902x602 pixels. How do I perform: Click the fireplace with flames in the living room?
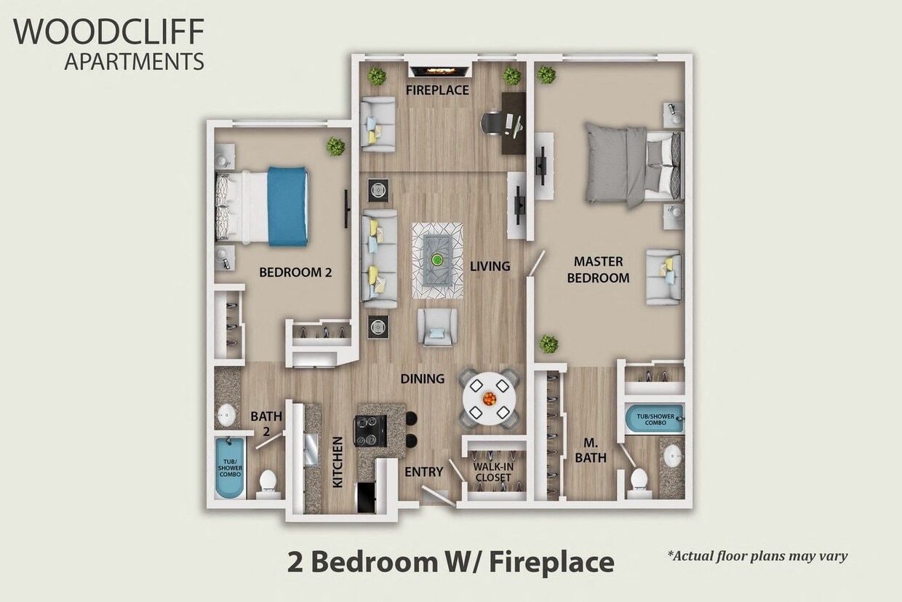point(438,71)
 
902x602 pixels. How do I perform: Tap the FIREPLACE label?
point(438,91)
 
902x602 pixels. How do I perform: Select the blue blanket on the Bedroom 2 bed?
point(287,206)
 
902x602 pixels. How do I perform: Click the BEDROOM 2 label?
point(295,273)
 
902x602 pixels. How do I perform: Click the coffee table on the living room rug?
point(437,260)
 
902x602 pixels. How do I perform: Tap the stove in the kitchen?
point(370,430)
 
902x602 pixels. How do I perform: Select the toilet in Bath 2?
point(268,483)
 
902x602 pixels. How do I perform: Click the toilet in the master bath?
point(639,481)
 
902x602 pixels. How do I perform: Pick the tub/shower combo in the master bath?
point(654,419)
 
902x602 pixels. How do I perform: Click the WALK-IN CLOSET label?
point(492,472)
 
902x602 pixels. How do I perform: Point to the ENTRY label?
point(423,472)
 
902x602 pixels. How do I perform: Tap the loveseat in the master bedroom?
point(663,277)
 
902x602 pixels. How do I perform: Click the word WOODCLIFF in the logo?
point(108,32)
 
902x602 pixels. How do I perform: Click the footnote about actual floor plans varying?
point(757,557)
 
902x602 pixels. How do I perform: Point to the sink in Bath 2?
point(227,415)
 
